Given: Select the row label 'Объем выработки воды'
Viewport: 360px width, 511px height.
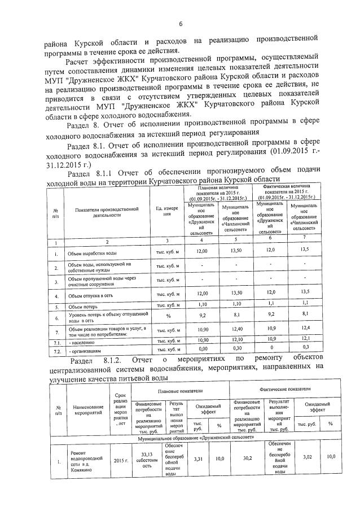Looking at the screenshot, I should tap(93, 254).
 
